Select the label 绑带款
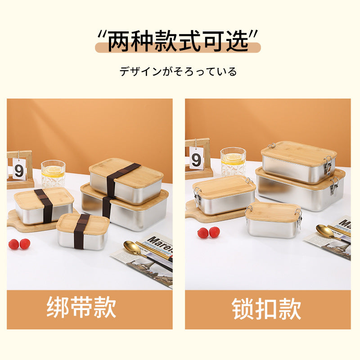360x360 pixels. (x=81, y=308)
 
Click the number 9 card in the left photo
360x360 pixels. (x=19, y=171)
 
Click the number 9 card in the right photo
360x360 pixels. (x=196, y=160)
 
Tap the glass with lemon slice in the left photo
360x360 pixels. (x=53, y=173)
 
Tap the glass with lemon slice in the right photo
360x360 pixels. (x=233, y=161)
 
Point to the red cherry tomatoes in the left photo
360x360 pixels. (x=19, y=244)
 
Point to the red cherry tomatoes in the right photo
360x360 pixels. (x=209, y=232)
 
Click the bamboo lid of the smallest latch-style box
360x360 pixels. (x=274, y=210)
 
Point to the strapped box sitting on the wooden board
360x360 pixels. (x=44, y=206)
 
